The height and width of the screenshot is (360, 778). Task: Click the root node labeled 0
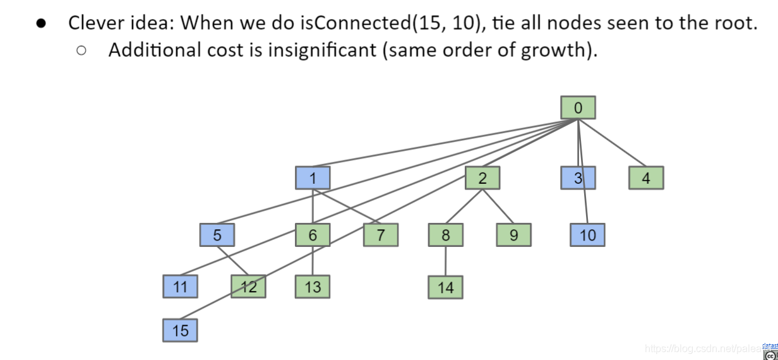tap(578, 108)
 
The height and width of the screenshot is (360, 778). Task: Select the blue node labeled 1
tap(313, 178)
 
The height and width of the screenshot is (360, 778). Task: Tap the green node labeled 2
tap(482, 178)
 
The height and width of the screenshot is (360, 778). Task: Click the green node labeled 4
tap(646, 178)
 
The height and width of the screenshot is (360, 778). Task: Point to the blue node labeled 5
tap(217, 235)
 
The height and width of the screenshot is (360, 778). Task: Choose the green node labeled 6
tap(313, 235)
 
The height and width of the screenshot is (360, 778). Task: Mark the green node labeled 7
tap(381, 235)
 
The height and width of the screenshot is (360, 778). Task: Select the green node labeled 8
tap(445, 235)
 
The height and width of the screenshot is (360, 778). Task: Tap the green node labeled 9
tap(513, 235)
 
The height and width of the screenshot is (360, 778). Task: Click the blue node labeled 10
tap(587, 235)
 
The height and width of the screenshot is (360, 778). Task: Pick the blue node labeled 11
tap(180, 287)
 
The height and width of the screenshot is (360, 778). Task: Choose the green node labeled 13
tap(313, 287)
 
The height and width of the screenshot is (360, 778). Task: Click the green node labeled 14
tap(445, 287)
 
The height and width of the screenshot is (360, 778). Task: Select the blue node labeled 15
tap(180, 330)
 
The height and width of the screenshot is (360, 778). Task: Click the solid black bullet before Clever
tap(41, 23)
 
